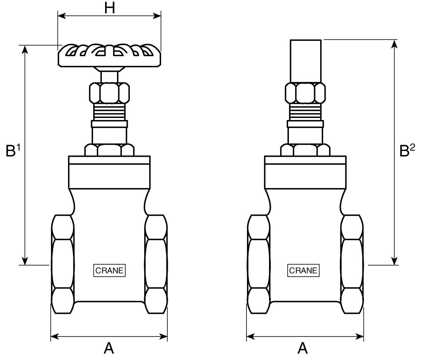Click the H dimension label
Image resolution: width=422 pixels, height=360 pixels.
click(x=110, y=8)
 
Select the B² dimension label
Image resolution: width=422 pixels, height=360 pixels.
click(x=407, y=150)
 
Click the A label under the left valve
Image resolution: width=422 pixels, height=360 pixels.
click(x=109, y=348)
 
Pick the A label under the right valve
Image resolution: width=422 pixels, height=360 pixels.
click(x=302, y=348)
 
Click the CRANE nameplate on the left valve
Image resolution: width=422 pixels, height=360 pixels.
click(x=109, y=271)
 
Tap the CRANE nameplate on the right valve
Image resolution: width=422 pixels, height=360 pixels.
click(x=303, y=271)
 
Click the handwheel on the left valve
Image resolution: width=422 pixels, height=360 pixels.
click(x=110, y=55)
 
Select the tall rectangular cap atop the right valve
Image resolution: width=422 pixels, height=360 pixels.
click(x=305, y=61)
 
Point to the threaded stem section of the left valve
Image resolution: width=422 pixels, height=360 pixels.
click(x=109, y=112)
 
